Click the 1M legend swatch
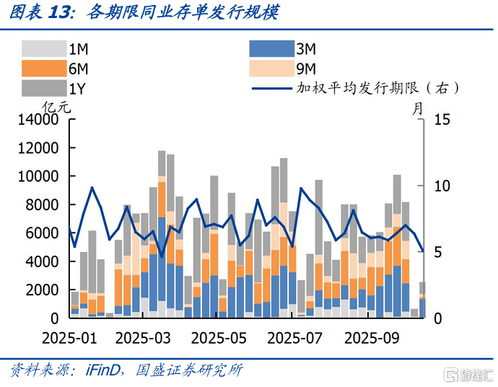tap(43, 49)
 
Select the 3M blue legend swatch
tap(271, 49)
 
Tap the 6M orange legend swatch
tap(43, 69)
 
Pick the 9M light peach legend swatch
tap(271, 69)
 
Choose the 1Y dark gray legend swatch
tap(43, 88)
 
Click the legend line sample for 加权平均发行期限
tap(271, 89)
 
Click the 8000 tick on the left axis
tap(45, 205)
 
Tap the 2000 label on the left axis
tap(45, 290)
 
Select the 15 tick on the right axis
tap(442, 120)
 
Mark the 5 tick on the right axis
tap(437, 252)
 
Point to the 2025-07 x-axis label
tap(294, 338)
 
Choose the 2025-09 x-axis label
tap(370, 338)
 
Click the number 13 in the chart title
tap(63, 12)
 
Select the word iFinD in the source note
tap(102, 370)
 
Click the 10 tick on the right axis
tap(442, 186)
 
